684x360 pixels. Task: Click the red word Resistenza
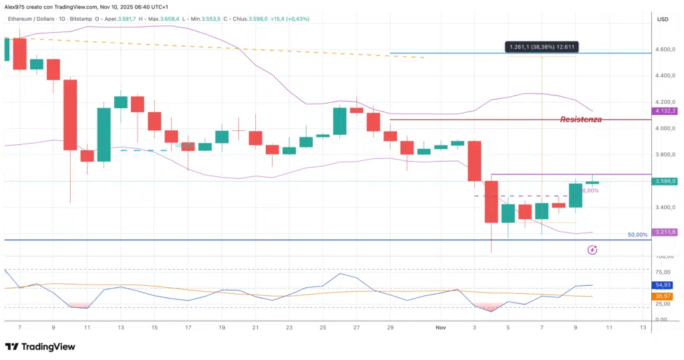[580, 120]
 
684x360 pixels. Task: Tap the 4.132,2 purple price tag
[665, 111]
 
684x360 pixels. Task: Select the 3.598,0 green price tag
[665, 181]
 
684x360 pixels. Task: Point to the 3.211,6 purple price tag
[665, 232]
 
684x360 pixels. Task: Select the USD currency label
[663, 19]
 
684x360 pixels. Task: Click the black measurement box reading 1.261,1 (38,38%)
[541, 47]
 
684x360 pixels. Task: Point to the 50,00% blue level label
[637, 235]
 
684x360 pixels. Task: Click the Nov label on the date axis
[440, 328]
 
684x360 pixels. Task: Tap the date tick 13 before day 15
[120, 328]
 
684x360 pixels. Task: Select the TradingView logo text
[42, 347]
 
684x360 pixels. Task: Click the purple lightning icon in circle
[592, 250]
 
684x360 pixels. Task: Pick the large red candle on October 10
[70, 115]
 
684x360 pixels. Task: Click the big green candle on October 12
[104, 134]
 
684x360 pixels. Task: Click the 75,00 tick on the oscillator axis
[663, 273]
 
